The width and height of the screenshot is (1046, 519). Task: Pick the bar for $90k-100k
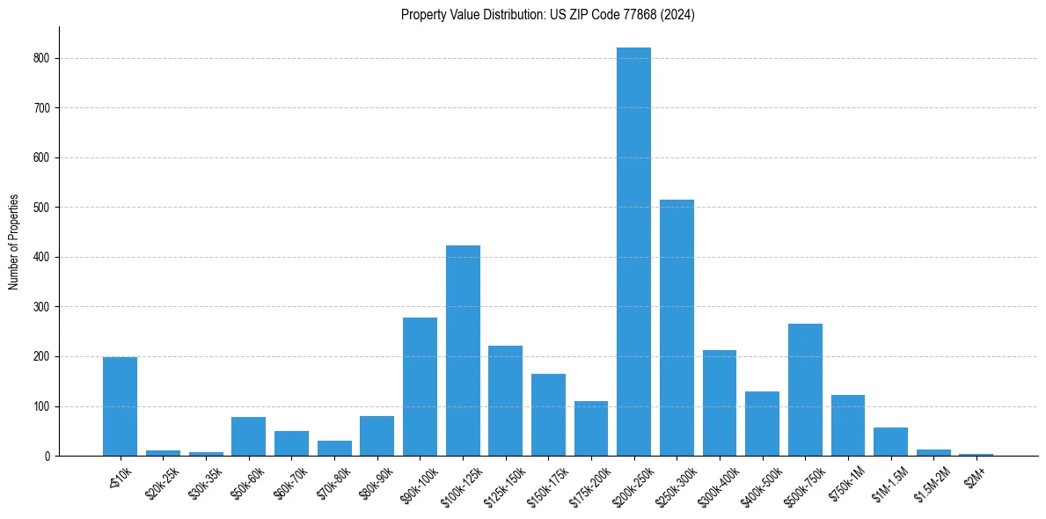pos(420,386)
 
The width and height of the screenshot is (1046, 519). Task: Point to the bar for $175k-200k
pos(591,428)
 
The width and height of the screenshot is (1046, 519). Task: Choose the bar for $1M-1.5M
pos(890,442)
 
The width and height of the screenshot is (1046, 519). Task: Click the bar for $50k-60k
pos(248,436)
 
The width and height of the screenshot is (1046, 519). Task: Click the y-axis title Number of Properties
pos(14,242)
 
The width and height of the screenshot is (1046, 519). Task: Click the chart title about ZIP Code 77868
pos(547,14)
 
